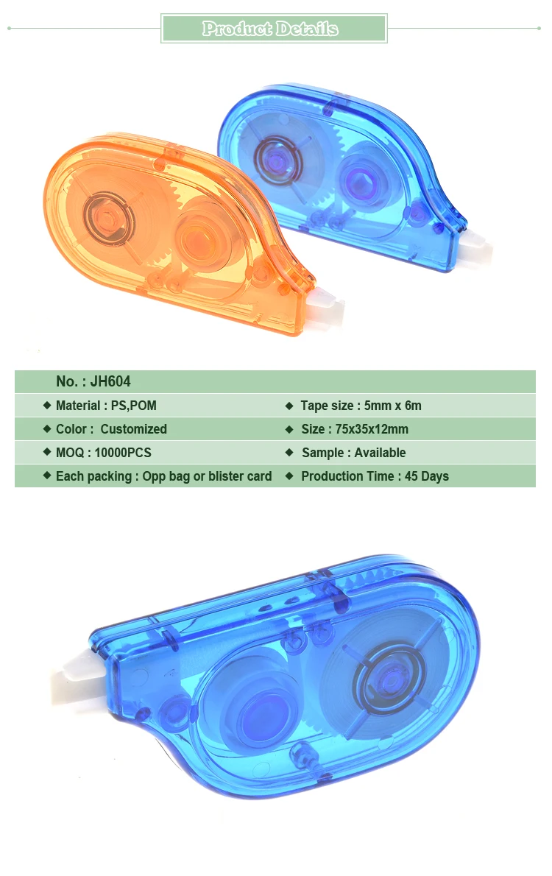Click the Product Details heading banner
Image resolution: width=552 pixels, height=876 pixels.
(x=274, y=29)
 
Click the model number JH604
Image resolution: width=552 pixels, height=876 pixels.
(x=110, y=381)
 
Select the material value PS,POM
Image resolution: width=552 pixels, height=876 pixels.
(x=133, y=406)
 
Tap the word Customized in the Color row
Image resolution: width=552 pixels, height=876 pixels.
(x=133, y=429)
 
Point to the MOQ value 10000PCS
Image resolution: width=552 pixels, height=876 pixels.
(x=123, y=453)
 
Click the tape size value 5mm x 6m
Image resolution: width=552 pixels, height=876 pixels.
(x=393, y=406)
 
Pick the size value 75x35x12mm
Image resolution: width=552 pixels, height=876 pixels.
(x=372, y=429)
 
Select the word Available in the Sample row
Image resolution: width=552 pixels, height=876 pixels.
(x=380, y=453)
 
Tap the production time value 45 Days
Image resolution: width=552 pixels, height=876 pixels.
(x=427, y=476)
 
